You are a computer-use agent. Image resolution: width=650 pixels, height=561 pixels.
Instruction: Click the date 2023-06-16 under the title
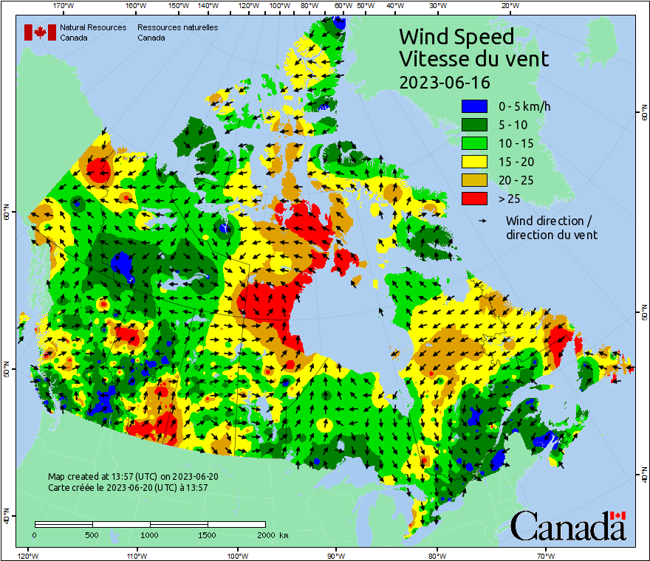[x=444, y=82]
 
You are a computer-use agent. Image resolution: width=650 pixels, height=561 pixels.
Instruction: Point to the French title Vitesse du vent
[x=473, y=58]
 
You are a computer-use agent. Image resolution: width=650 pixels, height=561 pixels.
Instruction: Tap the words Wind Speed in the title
[x=456, y=36]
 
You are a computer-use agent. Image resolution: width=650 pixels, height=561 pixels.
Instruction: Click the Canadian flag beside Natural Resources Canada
[x=40, y=32]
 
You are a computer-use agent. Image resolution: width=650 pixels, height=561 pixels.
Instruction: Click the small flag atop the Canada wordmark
[x=617, y=515]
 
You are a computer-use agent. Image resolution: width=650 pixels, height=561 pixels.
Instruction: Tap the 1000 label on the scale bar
[x=150, y=534]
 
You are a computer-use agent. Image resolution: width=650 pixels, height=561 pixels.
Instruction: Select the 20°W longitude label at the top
[x=508, y=6]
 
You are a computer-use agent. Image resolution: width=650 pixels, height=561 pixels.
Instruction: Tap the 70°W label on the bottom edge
[x=545, y=555]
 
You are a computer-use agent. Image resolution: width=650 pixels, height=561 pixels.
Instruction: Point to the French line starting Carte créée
[x=128, y=488]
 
